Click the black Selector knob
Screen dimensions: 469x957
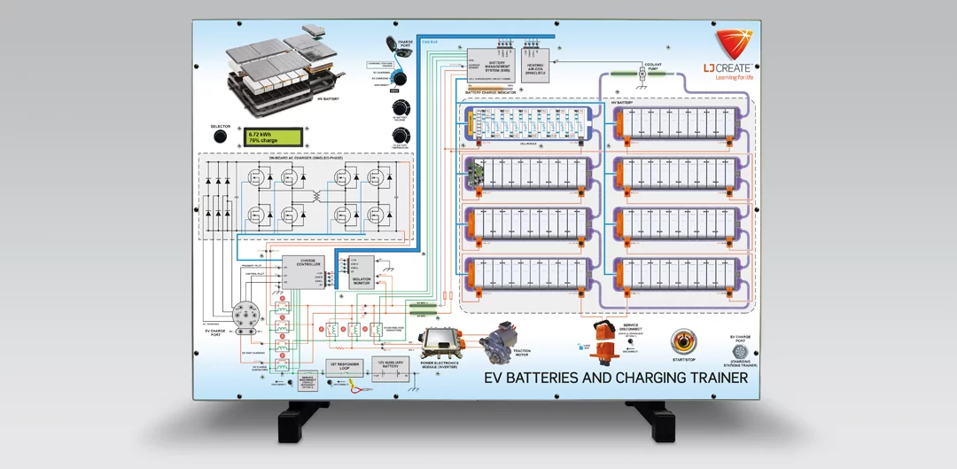click(221, 138)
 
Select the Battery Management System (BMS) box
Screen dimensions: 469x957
click(491, 64)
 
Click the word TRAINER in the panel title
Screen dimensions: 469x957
click(713, 378)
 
